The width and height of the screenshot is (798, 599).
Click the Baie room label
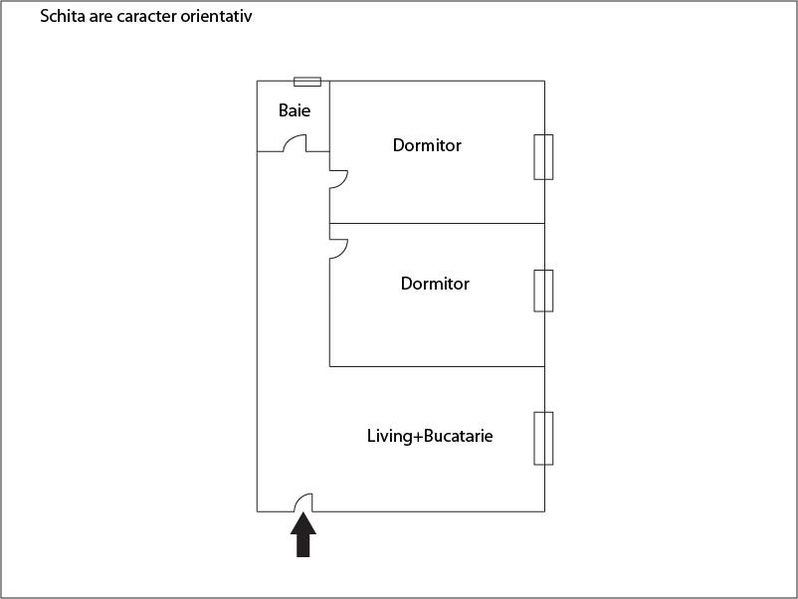(x=294, y=110)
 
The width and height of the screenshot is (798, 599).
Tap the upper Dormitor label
(x=427, y=145)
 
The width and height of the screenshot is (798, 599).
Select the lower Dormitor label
(x=435, y=284)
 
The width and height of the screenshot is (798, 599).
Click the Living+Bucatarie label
(x=430, y=436)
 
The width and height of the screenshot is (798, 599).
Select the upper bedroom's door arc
(x=339, y=179)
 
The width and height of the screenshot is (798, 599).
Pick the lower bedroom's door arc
(x=338, y=249)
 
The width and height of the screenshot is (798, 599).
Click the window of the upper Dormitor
(x=543, y=156)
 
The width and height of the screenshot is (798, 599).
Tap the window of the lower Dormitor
(x=543, y=290)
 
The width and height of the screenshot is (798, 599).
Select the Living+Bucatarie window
(x=543, y=438)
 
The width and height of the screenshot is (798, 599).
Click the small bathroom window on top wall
(x=307, y=81)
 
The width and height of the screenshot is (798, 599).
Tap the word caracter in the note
(x=139, y=17)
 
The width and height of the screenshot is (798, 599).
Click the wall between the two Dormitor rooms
(x=438, y=223)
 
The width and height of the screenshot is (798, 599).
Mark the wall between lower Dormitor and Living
(x=438, y=366)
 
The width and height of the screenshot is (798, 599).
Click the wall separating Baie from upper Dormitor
(x=329, y=114)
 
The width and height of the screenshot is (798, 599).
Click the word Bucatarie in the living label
(x=459, y=436)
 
